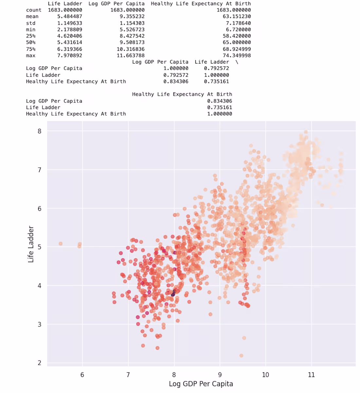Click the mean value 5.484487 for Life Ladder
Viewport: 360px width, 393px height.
tap(69, 16)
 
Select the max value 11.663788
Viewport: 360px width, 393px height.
tap(132, 55)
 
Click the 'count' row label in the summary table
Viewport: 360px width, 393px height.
tap(34, 10)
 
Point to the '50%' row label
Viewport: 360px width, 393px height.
tap(31, 42)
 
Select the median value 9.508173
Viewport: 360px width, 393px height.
tap(132, 42)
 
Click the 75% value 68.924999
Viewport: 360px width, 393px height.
tap(237, 49)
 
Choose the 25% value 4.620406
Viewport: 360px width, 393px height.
tap(69, 36)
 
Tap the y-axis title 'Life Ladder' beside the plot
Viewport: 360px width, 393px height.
tap(31, 244)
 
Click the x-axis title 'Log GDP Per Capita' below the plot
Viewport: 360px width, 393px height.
tap(201, 384)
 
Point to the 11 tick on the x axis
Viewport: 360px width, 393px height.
tap(311, 375)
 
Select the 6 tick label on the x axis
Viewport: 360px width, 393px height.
tap(82, 375)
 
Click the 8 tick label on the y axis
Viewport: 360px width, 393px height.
tap(40, 131)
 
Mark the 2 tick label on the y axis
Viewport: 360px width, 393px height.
tap(40, 363)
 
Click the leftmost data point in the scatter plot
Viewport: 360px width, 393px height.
tap(61, 244)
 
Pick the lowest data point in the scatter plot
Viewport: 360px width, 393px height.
tap(241, 355)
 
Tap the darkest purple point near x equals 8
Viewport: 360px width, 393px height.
tap(173, 294)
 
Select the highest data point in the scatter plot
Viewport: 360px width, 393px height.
tap(306, 132)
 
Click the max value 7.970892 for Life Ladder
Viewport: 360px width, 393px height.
tap(69, 55)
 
